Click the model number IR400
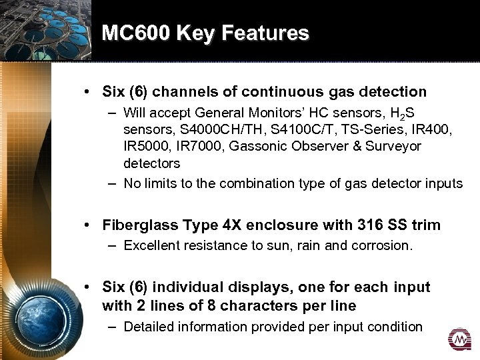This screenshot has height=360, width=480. tap(426, 129)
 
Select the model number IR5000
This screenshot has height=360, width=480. tap(145, 146)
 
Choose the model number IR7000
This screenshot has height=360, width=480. tap(199, 146)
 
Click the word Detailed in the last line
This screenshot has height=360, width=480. tap(147, 327)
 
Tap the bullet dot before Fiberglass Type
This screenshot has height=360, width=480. tap(88, 225)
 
